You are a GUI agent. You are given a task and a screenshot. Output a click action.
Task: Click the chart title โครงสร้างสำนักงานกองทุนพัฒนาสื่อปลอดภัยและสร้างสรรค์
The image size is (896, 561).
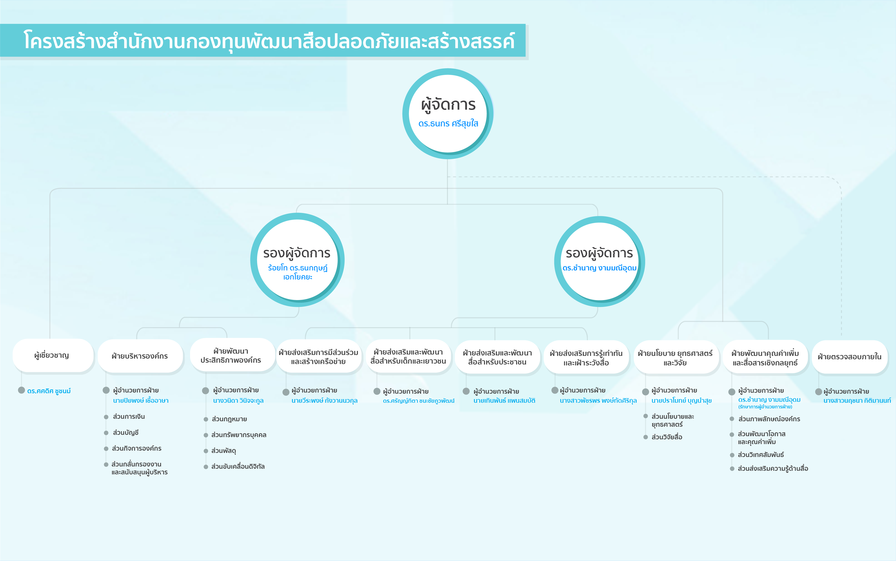coord(269,41)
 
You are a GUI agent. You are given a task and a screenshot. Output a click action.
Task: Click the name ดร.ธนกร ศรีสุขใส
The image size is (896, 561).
coord(448,123)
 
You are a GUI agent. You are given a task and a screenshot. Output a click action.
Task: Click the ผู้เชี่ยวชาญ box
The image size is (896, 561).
coord(52,355)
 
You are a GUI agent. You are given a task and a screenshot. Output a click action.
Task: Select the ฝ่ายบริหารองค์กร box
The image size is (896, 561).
coord(140,356)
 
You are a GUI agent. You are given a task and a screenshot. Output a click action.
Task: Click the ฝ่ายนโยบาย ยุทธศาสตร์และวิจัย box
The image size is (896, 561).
coord(675,358)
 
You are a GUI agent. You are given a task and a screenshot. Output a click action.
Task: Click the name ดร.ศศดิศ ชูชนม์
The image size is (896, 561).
coord(49,391)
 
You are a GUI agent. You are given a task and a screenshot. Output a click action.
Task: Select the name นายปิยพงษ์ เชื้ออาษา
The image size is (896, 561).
coord(141,401)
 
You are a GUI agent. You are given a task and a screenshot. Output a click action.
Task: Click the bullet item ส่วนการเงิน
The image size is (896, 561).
coord(129,417)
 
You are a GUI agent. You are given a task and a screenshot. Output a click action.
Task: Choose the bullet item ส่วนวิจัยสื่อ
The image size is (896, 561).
coord(667,437)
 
